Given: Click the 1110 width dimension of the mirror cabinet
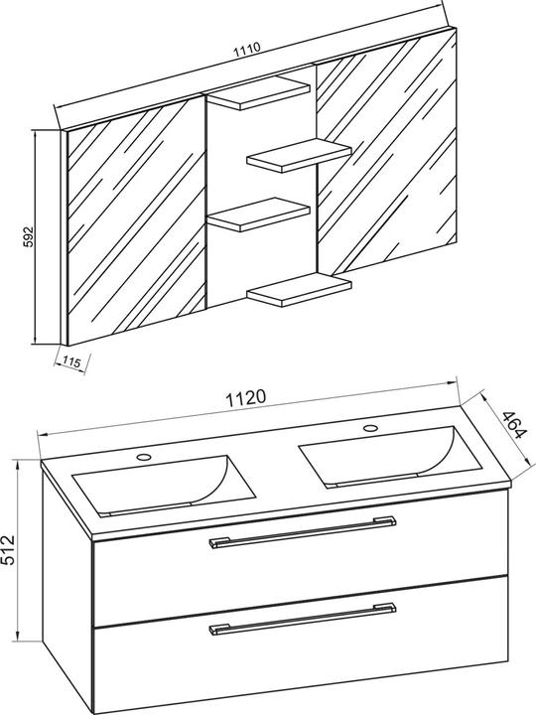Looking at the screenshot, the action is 246,49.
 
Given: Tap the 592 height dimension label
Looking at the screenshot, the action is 28,236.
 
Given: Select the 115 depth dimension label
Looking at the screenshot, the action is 71,362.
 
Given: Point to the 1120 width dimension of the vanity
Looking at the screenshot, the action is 246,397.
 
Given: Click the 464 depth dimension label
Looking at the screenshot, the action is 514,425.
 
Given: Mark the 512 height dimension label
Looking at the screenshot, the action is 9,550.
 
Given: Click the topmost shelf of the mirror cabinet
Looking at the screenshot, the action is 258,93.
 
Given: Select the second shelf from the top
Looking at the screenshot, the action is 299,155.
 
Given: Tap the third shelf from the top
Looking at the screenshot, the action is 258,214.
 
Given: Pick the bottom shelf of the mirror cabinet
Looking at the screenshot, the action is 299,290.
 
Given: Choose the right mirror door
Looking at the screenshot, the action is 386,154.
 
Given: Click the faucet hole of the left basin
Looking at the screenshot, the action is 144,456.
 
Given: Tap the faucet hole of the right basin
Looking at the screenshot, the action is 370,428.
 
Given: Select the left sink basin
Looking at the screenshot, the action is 164,485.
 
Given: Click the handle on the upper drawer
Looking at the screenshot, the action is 303,531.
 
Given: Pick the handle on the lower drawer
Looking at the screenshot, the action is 303,619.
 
